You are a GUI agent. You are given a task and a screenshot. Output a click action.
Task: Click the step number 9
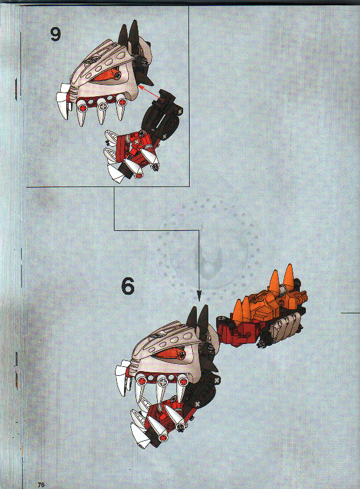pos(55,34)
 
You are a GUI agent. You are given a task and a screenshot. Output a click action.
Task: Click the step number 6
pos(128,286)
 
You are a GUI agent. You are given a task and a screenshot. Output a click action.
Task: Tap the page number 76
pos(41,484)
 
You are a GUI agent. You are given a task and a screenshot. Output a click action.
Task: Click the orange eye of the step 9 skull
pos(108,75)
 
